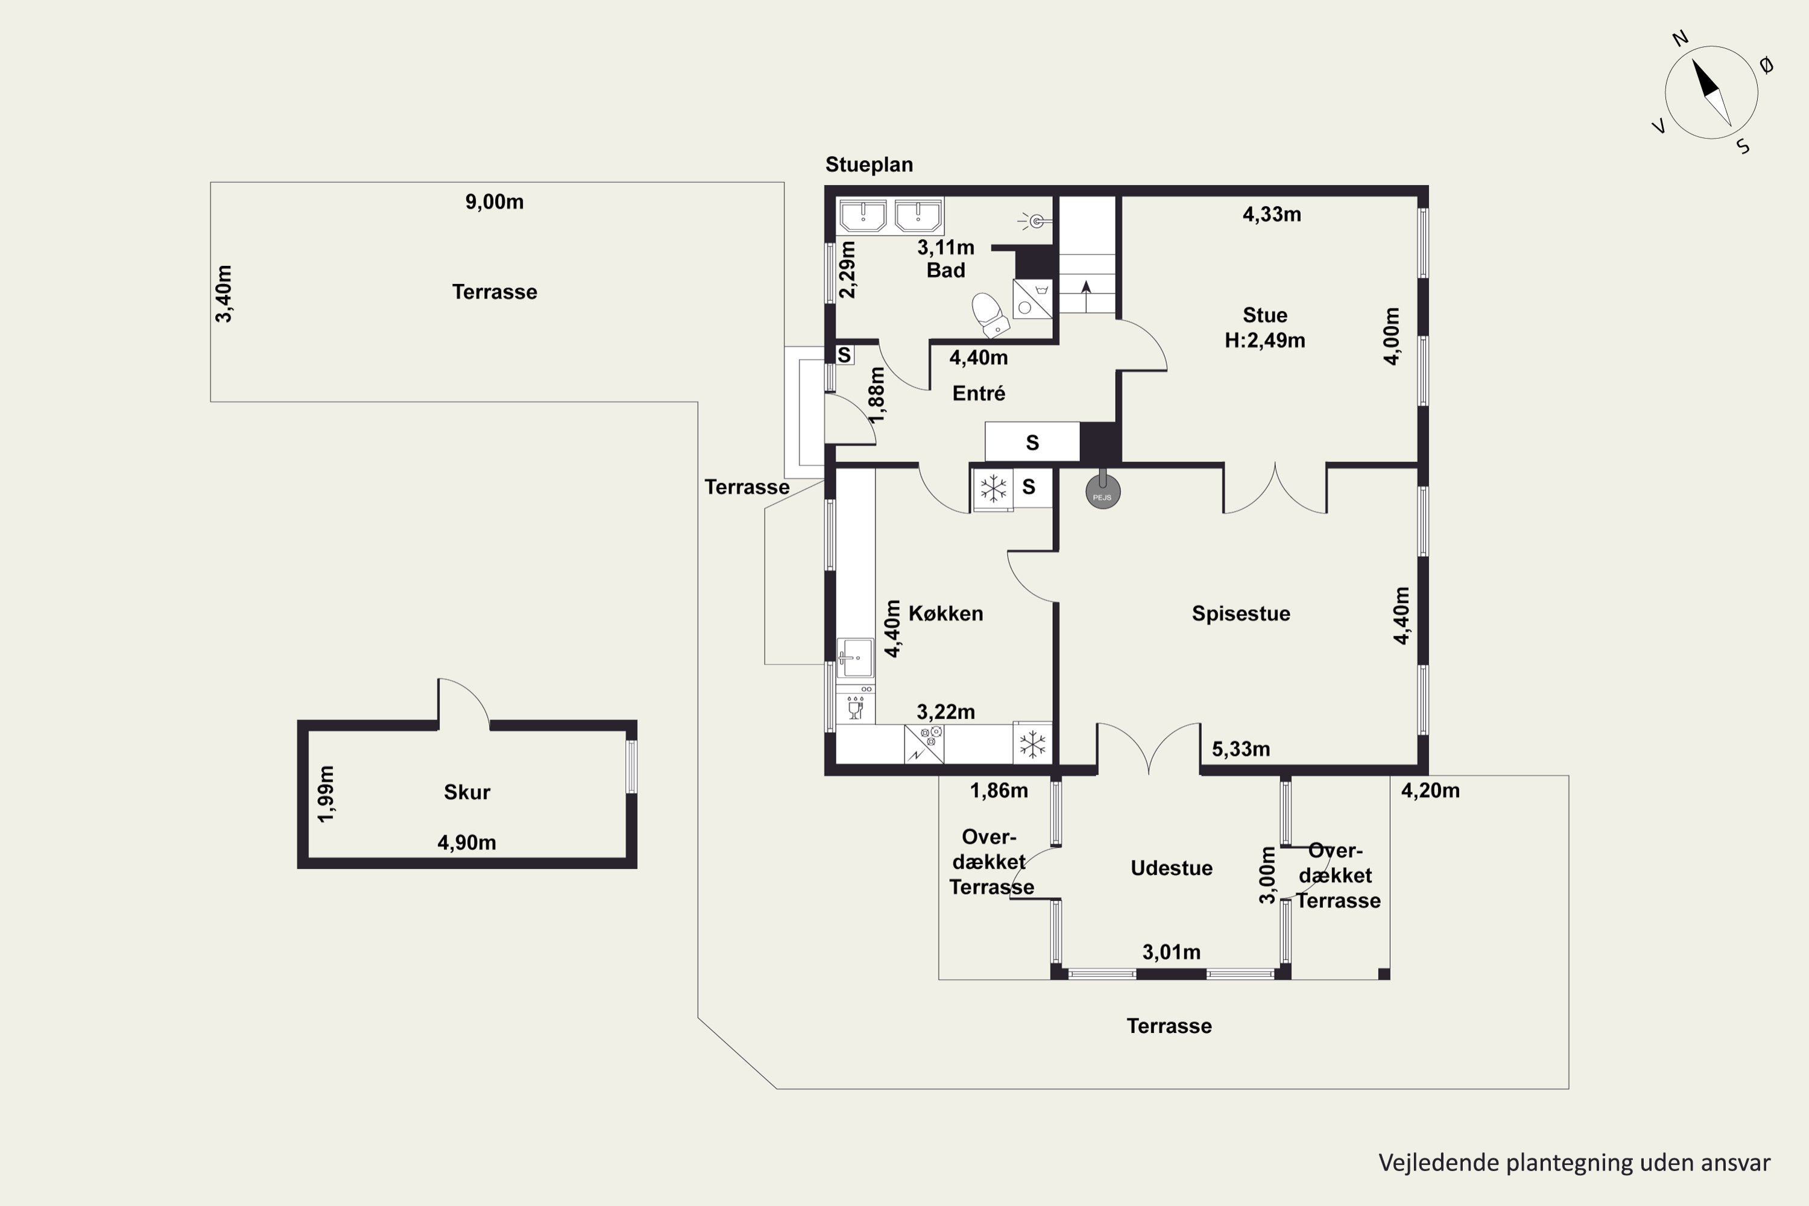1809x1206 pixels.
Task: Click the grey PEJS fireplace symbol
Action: pos(1103,491)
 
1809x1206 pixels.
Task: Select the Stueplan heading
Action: pos(869,165)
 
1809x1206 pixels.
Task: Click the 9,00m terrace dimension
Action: pos(494,202)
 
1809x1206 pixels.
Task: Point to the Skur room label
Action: pos(467,792)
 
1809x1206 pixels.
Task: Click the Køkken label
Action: pos(946,614)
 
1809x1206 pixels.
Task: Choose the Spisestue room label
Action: pos(1240,614)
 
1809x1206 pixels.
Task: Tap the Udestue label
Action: pos(1172,868)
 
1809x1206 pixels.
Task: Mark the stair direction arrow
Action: pos(1086,296)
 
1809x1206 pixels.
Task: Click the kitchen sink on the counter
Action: pos(855,658)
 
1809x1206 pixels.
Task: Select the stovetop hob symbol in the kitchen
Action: pos(924,743)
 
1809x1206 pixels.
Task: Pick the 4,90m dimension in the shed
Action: pos(467,843)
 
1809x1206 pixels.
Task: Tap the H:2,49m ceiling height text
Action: pos(1264,341)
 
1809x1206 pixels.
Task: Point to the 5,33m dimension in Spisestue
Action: pos(1240,749)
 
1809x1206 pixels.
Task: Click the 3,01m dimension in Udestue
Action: pos(1172,953)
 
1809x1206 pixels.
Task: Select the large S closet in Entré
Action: pos(1032,442)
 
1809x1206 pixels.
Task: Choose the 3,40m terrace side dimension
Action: pos(224,294)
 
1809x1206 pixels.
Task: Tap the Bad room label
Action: pos(946,271)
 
